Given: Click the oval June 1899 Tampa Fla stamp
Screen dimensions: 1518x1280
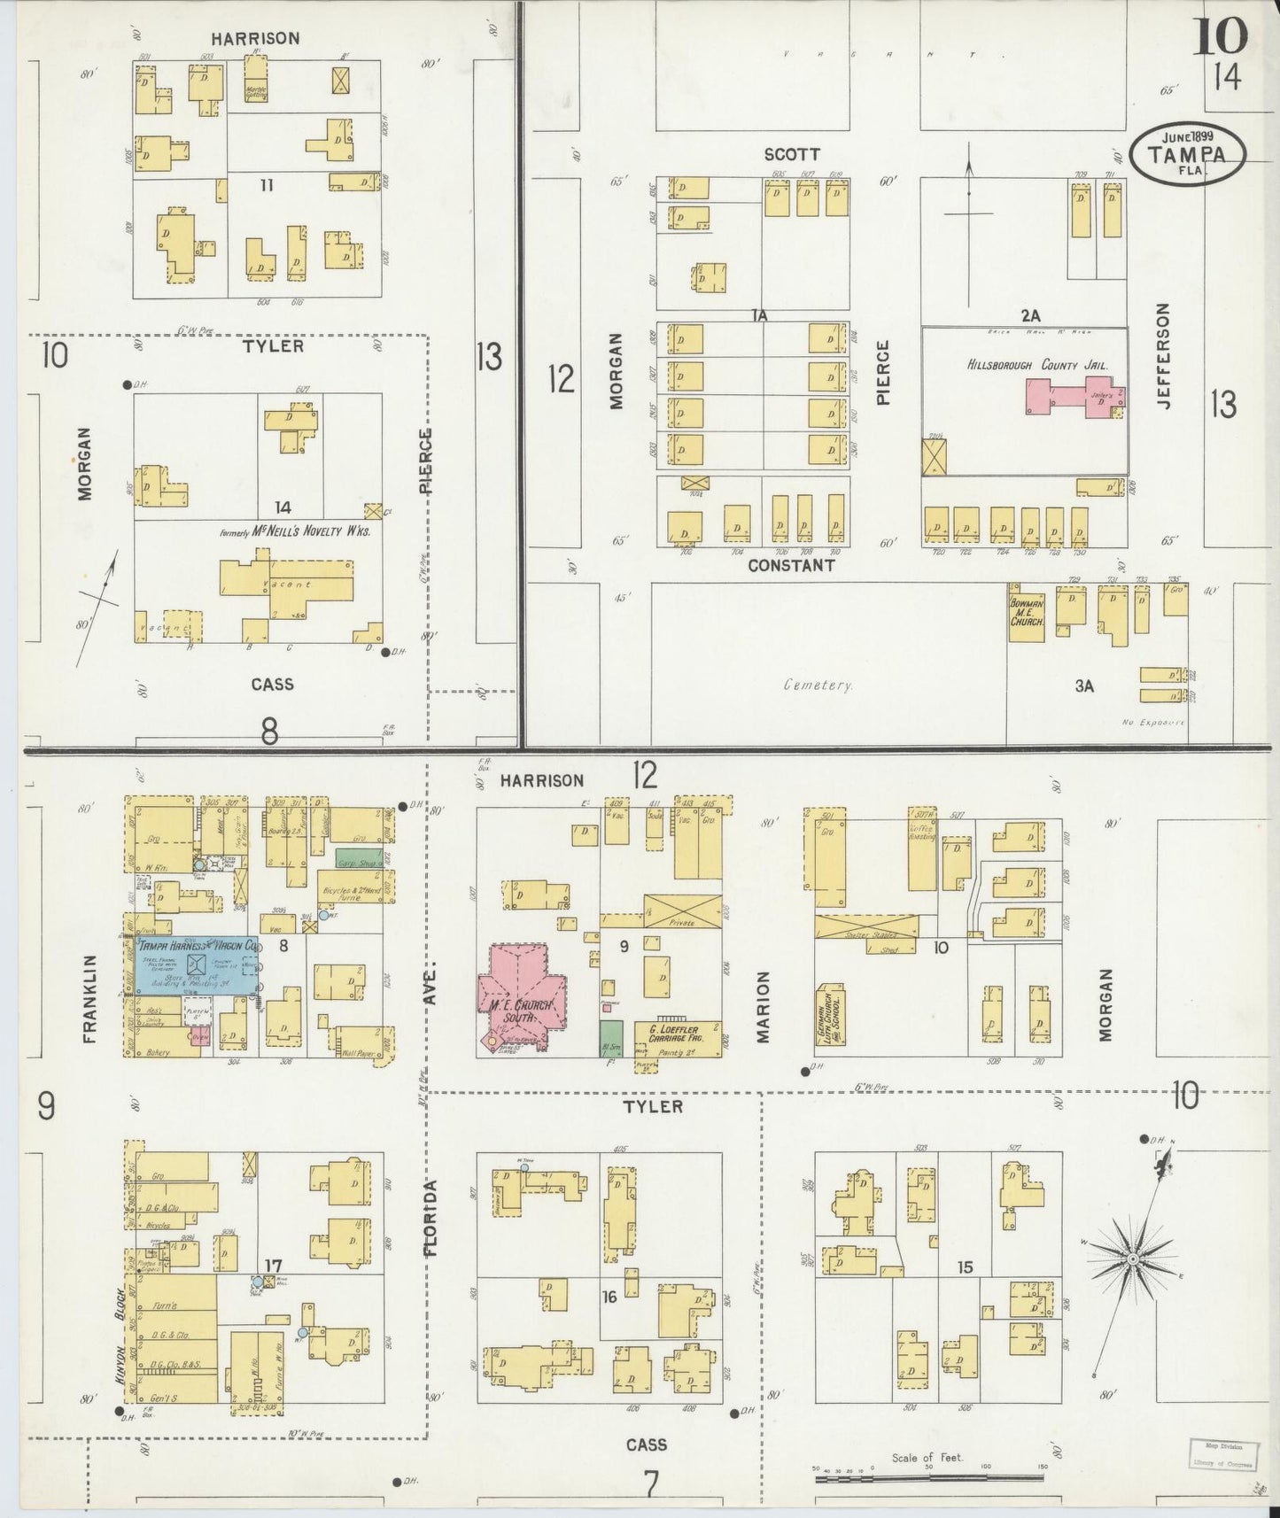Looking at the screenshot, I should click(1188, 154).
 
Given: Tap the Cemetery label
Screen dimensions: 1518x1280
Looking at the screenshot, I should click(818, 685).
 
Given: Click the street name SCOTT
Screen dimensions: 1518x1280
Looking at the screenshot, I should click(792, 154).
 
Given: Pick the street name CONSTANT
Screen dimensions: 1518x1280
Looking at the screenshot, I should click(791, 565).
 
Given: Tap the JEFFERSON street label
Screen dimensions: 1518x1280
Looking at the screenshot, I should click(1163, 355).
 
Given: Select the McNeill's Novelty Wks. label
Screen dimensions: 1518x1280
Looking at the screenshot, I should click(301, 532).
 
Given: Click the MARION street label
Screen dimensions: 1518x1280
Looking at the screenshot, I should click(763, 1006).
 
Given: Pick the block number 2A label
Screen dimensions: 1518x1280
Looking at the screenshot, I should click(1029, 314).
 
